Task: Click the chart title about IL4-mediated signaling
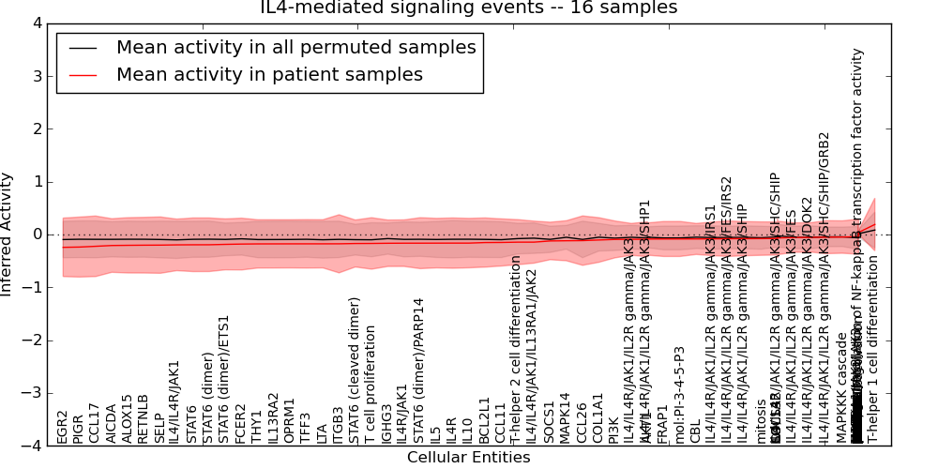[468, 8]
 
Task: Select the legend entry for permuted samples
[295, 48]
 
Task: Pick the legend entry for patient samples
[269, 75]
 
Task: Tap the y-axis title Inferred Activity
[8, 234]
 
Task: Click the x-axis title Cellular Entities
[468, 458]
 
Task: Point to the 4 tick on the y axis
[37, 23]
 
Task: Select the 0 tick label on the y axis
[37, 234]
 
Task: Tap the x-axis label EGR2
[63, 427]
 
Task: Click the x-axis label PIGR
[79, 427]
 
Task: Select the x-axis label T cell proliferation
[371, 385]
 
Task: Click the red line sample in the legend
[83, 75]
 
